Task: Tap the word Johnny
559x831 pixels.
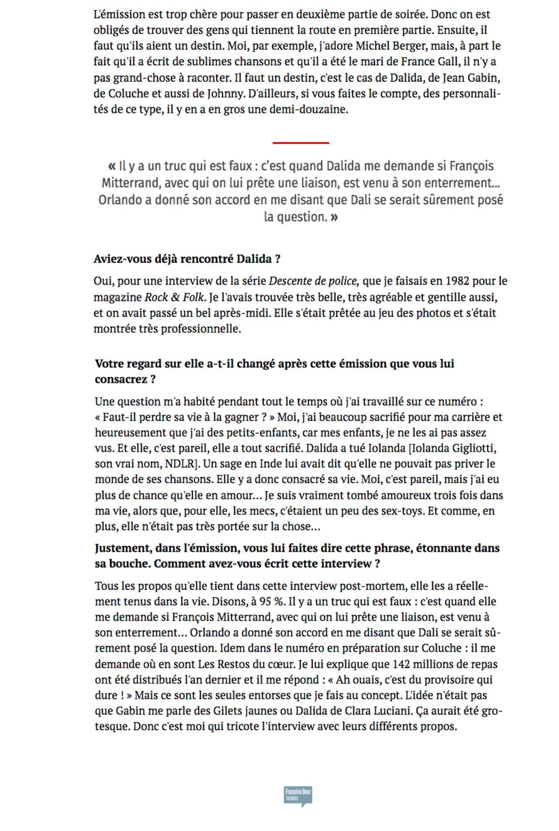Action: [217, 93]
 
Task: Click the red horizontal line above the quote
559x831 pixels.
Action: [300, 143]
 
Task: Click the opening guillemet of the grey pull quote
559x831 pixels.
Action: [112, 166]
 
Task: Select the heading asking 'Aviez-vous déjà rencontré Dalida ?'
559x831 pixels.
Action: [187, 259]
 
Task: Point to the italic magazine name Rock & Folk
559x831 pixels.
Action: [174, 297]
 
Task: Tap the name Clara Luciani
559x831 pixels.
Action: [378, 711]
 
